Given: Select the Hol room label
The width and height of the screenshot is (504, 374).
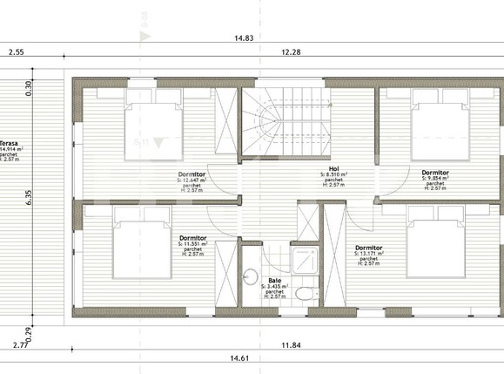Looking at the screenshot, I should (x=333, y=168).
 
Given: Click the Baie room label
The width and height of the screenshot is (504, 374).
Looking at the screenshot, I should (x=275, y=281).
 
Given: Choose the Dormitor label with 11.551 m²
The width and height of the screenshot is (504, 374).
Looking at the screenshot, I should (x=192, y=238).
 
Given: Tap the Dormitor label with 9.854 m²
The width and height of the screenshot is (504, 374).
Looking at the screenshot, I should (x=435, y=173).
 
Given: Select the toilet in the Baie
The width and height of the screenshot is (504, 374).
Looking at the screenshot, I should (x=302, y=294).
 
